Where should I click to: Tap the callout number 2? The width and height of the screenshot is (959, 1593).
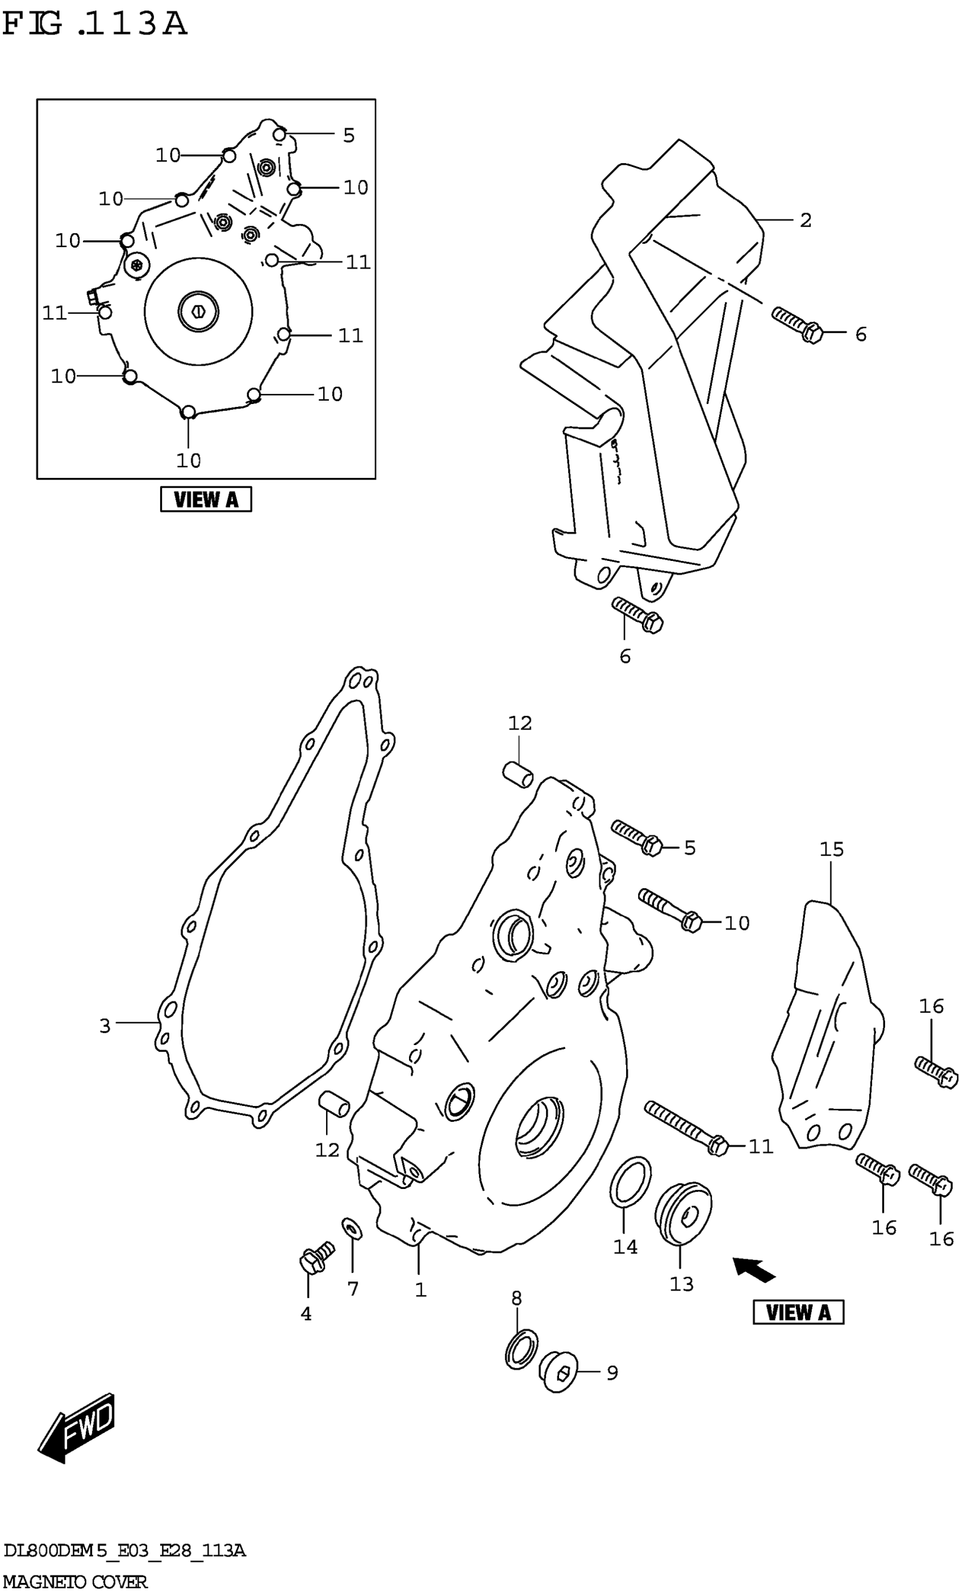(x=805, y=221)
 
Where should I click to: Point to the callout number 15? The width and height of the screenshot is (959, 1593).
(x=832, y=849)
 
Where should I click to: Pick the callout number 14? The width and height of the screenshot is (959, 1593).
(x=625, y=1247)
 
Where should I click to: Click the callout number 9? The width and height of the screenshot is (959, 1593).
(x=612, y=1372)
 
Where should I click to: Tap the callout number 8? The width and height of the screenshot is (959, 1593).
(x=516, y=1298)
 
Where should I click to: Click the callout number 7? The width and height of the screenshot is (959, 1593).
(x=353, y=1289)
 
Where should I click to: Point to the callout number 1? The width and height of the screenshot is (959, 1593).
(x=420, y=1290)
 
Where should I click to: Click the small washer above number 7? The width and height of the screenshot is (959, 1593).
(x=352, y=1228)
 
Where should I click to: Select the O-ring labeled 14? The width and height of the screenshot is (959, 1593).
(x=630, y=1181)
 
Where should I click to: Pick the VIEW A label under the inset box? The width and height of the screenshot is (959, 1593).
(x=205, y=499)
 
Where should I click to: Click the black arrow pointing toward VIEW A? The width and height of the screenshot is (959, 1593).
(x=754, y=1269)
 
